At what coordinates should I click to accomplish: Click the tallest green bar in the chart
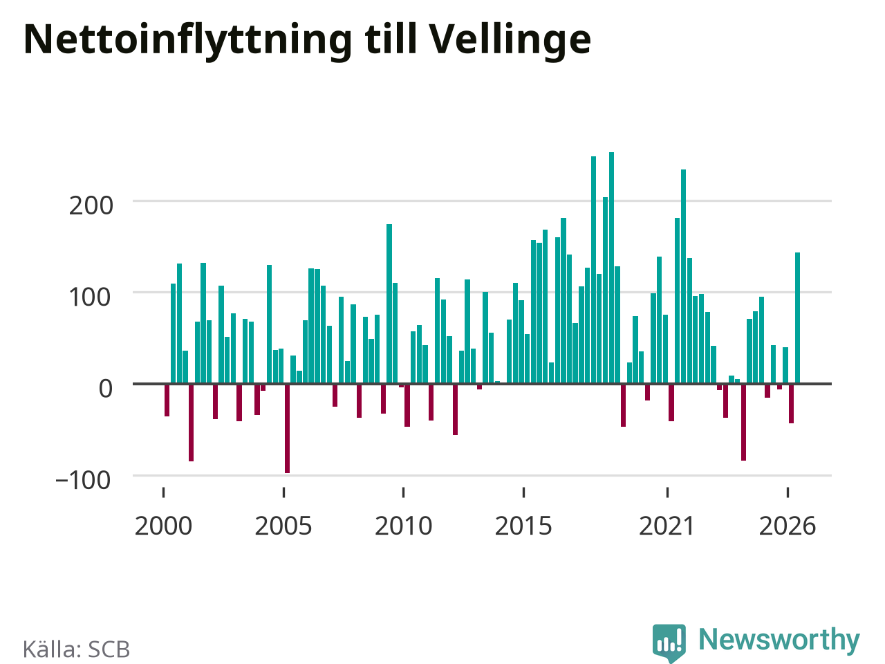611,268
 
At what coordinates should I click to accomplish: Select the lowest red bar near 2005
287,429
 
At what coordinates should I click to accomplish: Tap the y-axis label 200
91,206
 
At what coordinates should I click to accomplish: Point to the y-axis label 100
89,297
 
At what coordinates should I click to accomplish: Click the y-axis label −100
83,481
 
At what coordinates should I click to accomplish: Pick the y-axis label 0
106,389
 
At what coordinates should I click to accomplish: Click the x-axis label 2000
163,526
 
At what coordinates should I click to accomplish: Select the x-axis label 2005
283,526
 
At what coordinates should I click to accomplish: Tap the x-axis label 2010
404,526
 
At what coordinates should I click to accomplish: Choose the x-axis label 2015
523,526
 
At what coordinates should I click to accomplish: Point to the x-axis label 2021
667,526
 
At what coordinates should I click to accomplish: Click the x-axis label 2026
788,526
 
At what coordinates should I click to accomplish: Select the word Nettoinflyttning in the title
188,41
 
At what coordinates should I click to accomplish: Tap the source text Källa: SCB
76,649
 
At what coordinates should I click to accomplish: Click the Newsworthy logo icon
669,643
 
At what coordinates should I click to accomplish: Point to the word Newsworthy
779,639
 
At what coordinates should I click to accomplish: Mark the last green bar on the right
797,317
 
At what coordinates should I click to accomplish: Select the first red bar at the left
167,400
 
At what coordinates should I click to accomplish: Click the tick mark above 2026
788,492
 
